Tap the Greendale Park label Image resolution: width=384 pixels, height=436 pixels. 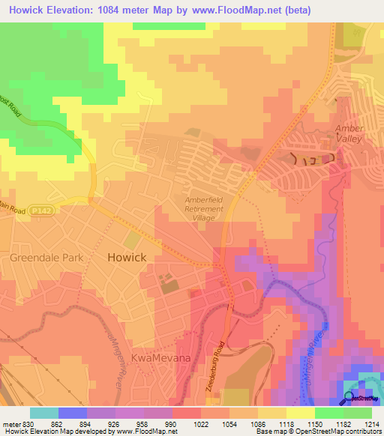[46, 257]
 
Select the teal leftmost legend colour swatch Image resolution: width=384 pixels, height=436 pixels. [43, 412]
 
